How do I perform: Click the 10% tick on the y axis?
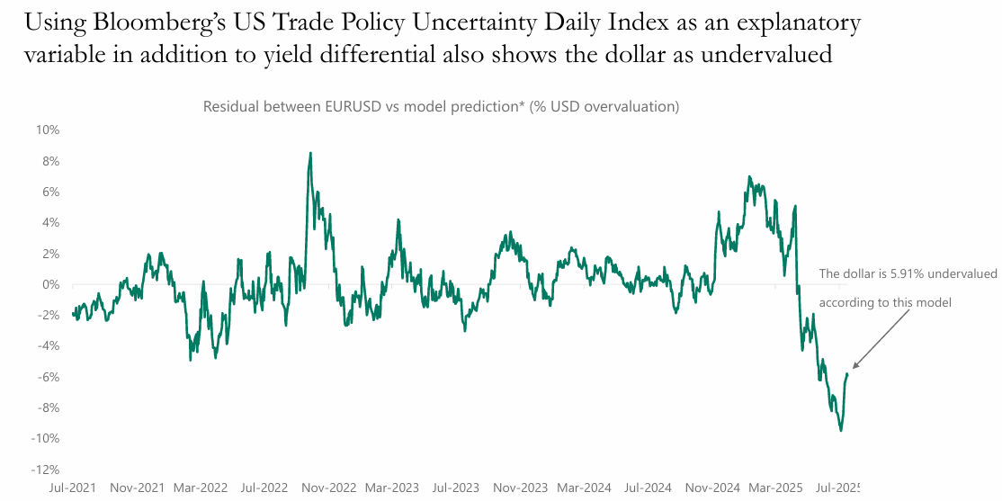[48, 130]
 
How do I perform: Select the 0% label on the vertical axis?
[51, 284]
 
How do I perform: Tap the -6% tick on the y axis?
[48, 377]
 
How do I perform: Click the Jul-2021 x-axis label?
[74, 488]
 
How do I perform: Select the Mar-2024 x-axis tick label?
[584, 488]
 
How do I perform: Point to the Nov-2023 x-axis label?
[520, 488]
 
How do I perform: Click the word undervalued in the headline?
[768, 55]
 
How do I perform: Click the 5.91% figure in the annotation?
[899, 273]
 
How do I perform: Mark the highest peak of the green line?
[310, 153]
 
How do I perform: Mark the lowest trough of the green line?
[841, 431]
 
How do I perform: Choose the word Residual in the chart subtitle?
[231, 106]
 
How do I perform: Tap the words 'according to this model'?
[884, 302]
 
